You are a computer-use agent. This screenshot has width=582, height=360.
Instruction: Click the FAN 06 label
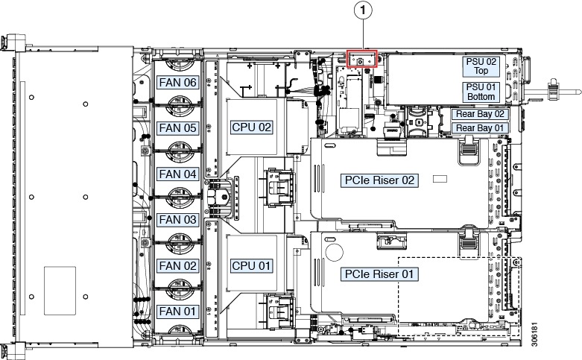[x=178, y=83]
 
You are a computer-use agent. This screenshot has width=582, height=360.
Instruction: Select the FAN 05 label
[x=178, y=128]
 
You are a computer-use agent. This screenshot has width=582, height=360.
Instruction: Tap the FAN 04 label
[x=178, y=174]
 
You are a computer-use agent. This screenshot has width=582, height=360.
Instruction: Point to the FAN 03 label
[x=178, y=220]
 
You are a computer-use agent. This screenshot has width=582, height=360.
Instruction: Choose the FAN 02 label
[x=178, y=265]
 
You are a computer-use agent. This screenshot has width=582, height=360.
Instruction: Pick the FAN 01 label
[x=178, y=311]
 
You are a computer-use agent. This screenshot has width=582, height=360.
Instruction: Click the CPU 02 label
[x=252, y=127]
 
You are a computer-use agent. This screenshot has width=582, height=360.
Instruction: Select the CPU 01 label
[x=252, y=265]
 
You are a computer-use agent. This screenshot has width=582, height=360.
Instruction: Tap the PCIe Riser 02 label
[x=378, y=180]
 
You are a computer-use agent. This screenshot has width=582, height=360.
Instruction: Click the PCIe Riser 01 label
[x=378, y=274]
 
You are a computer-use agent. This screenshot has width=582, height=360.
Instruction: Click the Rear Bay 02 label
[x=481, y=114]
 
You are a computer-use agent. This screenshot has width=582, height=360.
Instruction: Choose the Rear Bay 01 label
[x=481, y=128]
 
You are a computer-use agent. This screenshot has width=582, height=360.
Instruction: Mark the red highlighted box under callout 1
[x=363, y=59]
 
